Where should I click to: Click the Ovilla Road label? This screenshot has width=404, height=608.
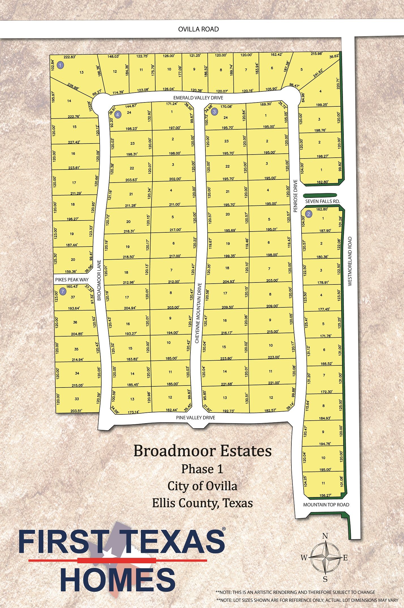[x=198, y=29]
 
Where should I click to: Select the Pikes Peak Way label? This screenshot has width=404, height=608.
[x=72, y=280]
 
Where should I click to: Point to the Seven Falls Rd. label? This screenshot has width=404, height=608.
[x=322, y=201]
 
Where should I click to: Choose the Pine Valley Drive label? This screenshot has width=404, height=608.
[x=195, y=418]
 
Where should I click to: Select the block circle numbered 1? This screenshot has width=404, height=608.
[x=60, y=65]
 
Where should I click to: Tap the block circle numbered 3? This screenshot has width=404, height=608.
[x=215, y=112]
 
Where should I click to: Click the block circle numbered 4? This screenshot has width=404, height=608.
[x=118, y=114]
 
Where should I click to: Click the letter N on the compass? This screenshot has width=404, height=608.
[x=325, y=536]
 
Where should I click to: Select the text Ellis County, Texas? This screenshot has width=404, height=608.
[x=202, y=503]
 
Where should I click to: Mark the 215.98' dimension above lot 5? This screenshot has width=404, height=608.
[x=316, y=54]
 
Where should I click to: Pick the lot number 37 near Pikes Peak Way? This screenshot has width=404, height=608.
[x=73, y=297]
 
